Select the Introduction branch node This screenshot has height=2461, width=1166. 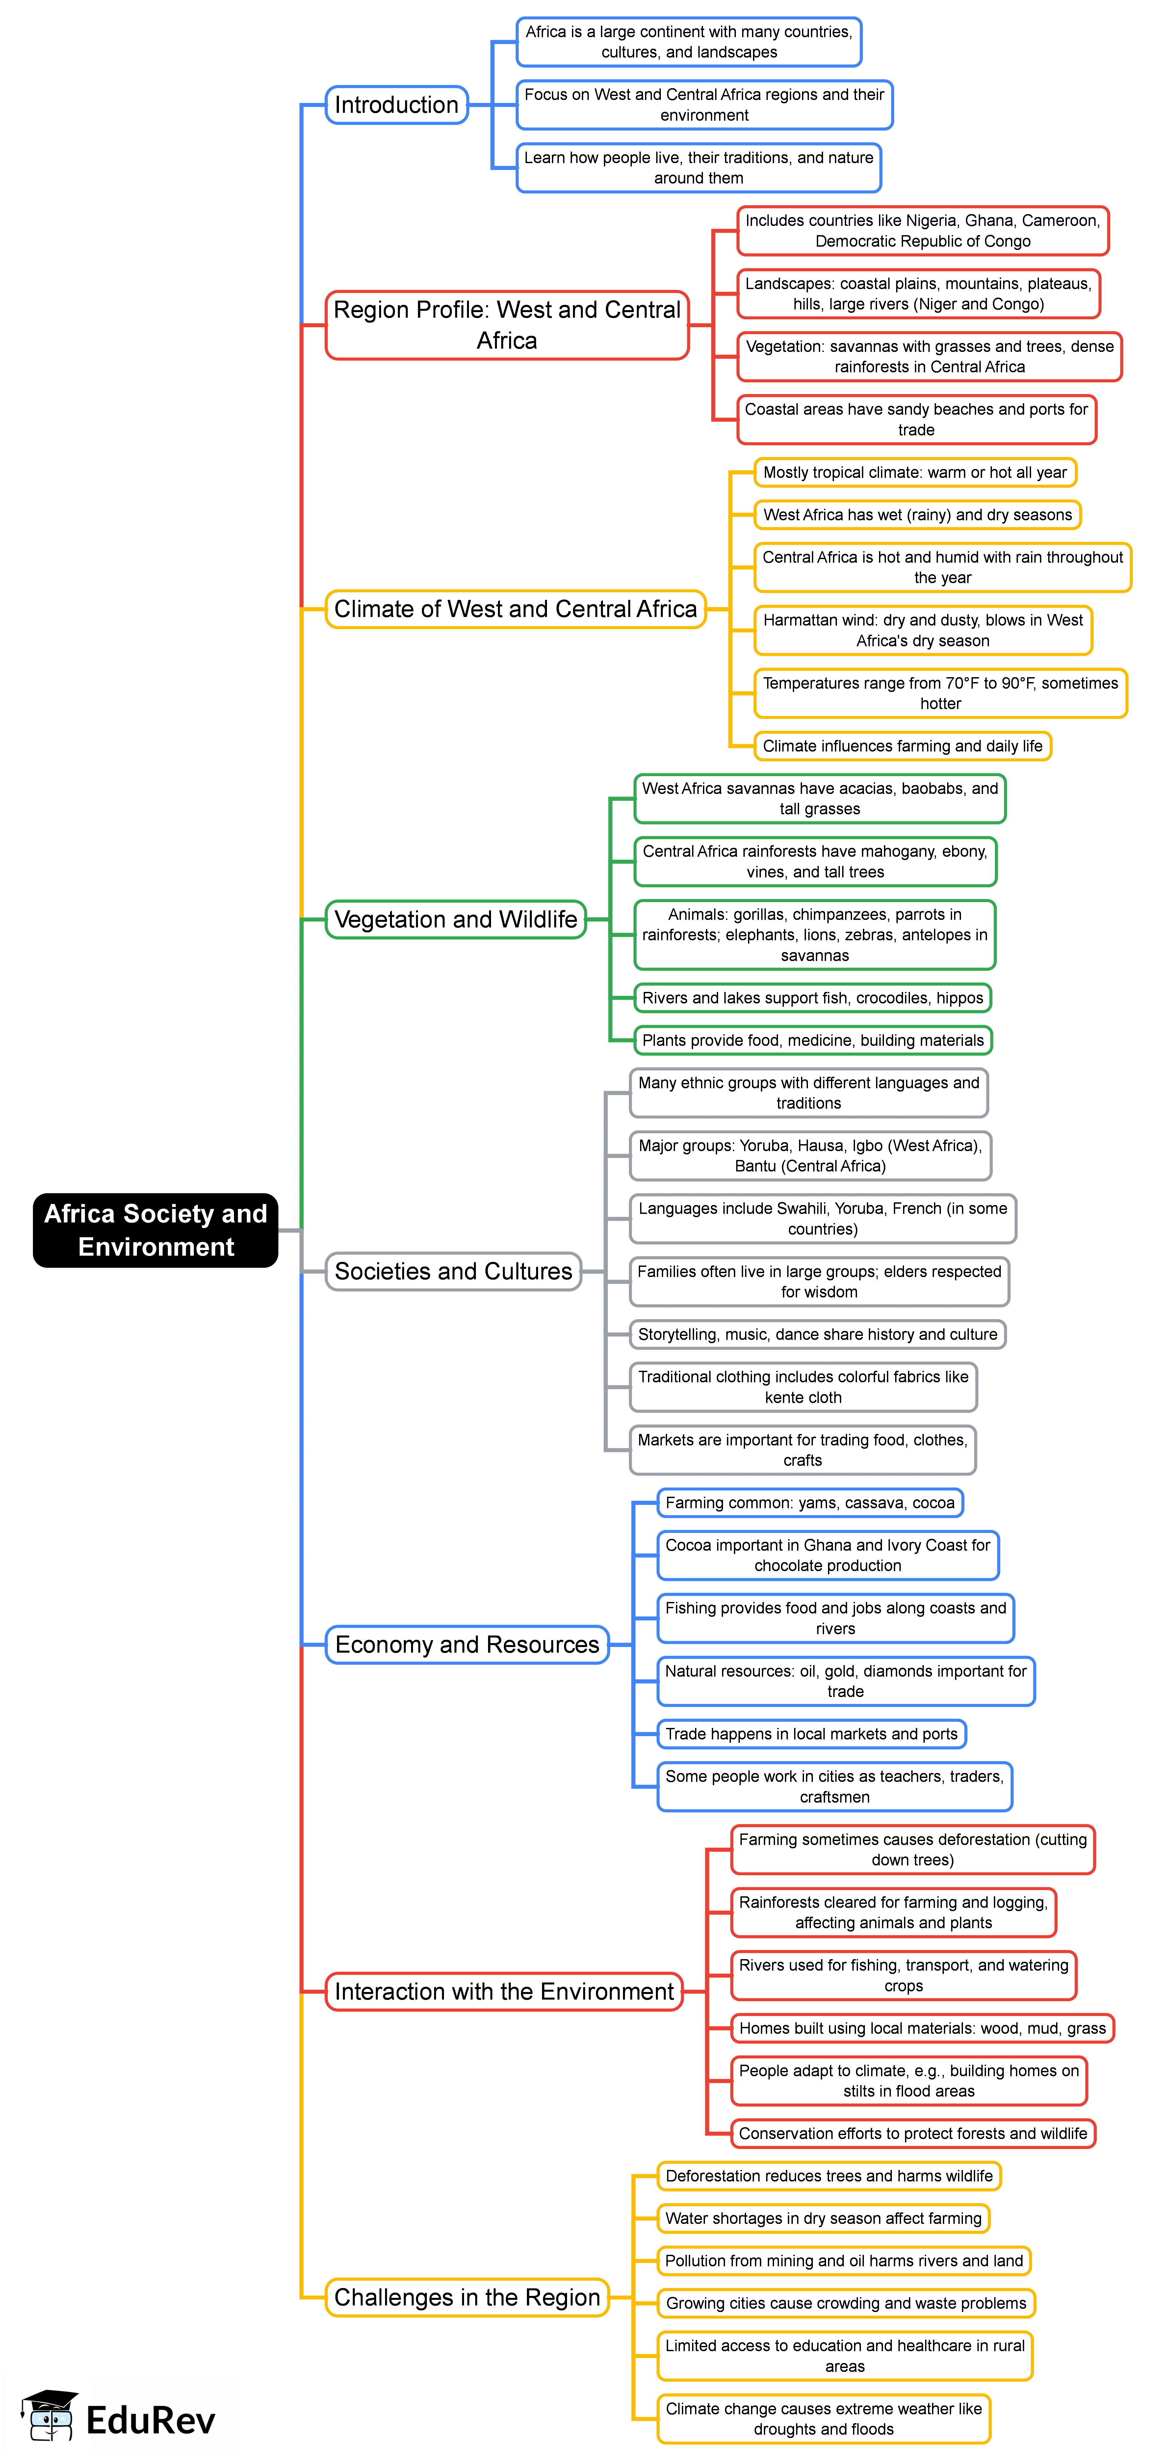(x=397, y=105)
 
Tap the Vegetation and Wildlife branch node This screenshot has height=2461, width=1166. (x=456, y=919)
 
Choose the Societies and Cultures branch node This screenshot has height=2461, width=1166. (x=453, y=1271)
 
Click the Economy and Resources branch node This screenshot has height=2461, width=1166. (x=467, y=1644)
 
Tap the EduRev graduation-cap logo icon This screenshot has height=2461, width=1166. (x=50, y=2417)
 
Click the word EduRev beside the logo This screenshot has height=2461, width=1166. (x=151, y=2420)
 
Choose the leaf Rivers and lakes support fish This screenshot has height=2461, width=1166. (x=812, y=997)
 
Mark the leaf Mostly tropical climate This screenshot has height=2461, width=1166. (x=915, y=472)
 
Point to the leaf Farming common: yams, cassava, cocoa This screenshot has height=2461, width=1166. (x=810, y=1503)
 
